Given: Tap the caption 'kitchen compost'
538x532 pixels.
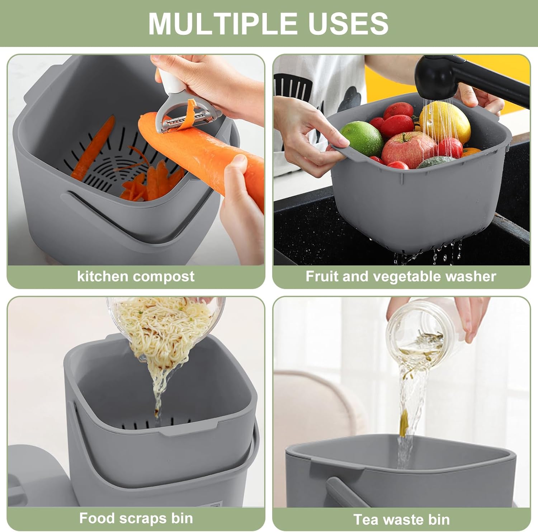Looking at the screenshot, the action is [136, 277].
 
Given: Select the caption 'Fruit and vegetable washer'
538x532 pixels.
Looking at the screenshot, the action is [401, 277].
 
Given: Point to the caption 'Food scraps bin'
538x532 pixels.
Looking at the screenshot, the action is [136, 518].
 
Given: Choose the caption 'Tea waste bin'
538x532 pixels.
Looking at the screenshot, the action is [401, 519].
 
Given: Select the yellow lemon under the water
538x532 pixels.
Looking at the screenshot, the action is [445, 122].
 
